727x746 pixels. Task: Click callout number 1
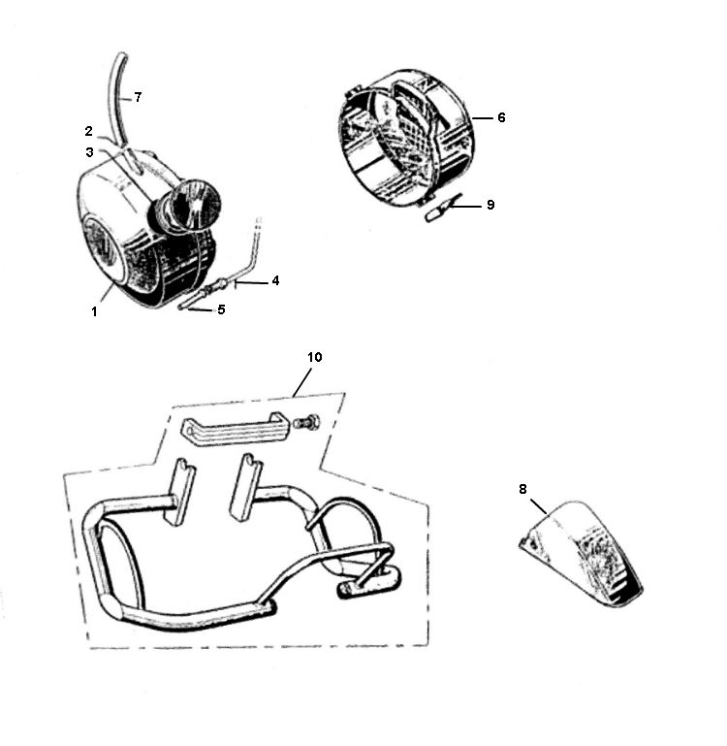pos(94,312)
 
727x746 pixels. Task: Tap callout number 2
pos(89,131)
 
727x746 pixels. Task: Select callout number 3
pos(89,152)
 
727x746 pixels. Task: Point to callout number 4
pos(275,280)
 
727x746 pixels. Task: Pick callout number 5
pos(221,309)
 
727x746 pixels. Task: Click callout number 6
pos(501,117)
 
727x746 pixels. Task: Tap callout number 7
pos(138,98)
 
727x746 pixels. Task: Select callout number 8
pos(522,489)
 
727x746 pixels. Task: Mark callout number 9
pos(490,205)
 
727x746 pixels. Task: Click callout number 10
pos(314,357)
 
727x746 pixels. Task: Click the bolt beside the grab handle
pos(305,423)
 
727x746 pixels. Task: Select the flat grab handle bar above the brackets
pos(231,430)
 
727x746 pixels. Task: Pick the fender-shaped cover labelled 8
pos(581,554)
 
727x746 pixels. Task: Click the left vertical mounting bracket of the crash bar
pos(179,492)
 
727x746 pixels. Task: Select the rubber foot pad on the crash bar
pos(370,582)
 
